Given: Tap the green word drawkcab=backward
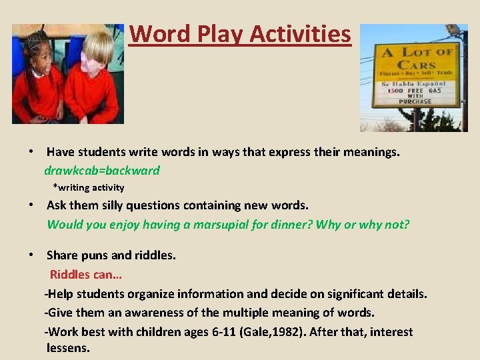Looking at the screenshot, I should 102,170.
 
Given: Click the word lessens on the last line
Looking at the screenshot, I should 68,347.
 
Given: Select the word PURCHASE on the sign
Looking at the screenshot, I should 415,101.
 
